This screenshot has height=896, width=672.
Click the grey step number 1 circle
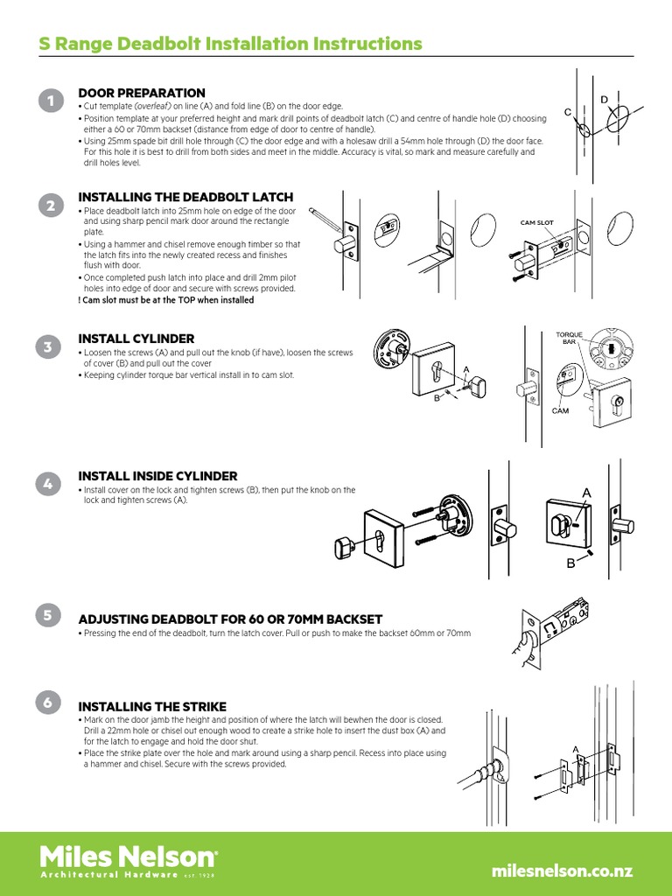click(x=52, y=101)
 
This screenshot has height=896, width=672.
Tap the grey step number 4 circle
click(x=48, y=484)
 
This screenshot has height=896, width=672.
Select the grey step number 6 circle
click(x=48, y=703)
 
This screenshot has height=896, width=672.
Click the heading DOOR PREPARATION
click(x=142, y=93)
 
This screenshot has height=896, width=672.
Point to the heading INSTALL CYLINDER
click(x=136, y=339)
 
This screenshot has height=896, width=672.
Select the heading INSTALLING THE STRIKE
click(x=152, y=707)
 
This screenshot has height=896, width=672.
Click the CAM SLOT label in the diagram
click(x=536, y=223)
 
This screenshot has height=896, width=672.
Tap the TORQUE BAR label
click(x=569, y=338)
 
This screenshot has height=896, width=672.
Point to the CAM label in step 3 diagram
click(x=561, y=411)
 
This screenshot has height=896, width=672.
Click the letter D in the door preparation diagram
click(x=604, y=100)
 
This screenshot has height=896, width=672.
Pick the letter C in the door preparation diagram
click(x=568, y=113)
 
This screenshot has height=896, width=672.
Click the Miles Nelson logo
click(x=129, y=862)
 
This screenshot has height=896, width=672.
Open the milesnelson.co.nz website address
click(x=563, y=871)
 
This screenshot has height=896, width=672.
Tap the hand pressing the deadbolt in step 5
click(x=525, y=648)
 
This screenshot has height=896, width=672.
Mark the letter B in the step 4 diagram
click(x=570, y=563)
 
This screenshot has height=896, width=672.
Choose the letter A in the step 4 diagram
click(x=586, y=493)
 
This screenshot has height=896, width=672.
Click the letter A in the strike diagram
click(x=576, y=749)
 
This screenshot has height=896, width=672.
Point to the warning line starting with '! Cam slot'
click(x=165, y=300)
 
